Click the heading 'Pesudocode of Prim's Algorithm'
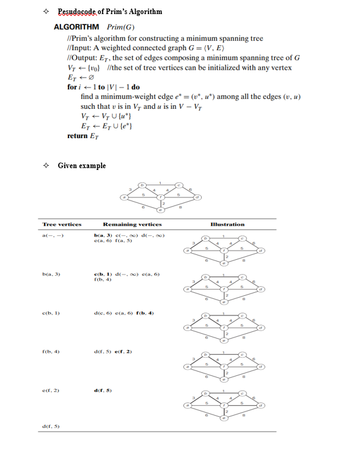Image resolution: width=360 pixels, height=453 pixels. [x=110, y=12]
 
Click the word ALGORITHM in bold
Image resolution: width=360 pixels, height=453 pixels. [x=76, y=28]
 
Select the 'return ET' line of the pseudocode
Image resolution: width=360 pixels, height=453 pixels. [x=83, y=136]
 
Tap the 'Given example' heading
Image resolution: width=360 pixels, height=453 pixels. [x=81, y=166]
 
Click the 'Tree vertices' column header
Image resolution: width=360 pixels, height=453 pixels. [x=62, y=224]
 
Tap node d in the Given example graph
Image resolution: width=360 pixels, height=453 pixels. [x=197, y=197]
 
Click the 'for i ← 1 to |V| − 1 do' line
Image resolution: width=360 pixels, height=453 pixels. [x=103, y=87]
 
